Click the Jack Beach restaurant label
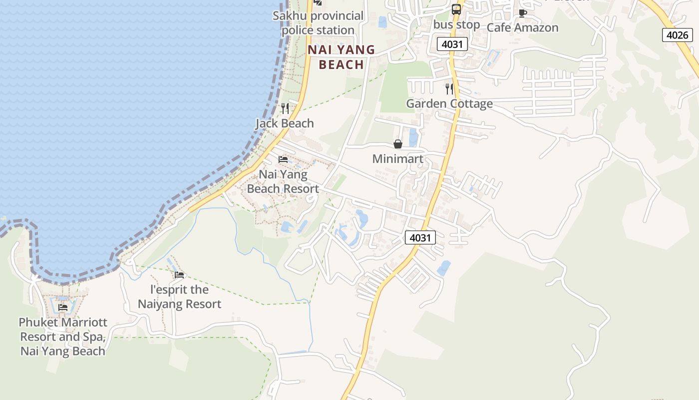click(x=285, y=123)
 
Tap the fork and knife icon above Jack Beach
click(x=285, y=108)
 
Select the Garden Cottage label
click(x=449, y=103)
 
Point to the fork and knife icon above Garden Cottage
click(x=449, y=89)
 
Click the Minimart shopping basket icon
click(x=398, y=144)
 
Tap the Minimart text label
click(x=398, y=159)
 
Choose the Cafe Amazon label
click(x=522, y=27)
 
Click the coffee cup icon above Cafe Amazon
click(x=522, y=13)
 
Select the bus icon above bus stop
click(x=456, y=9)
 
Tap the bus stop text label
click(x=456, y=24)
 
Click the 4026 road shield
click(x=678, y=35)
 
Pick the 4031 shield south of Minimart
click(x=420, y=237)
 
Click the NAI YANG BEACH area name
click(x=342, y=57)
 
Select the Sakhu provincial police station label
click(x=318, y=23)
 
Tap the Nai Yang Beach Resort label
click(x=283, y=181)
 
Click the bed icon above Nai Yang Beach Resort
click(x=283, y=159)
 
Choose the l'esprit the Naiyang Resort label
click(x=179, y=296)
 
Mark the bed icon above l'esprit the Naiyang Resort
click(x=179, y=275)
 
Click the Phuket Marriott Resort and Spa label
click(x=63, y=336)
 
